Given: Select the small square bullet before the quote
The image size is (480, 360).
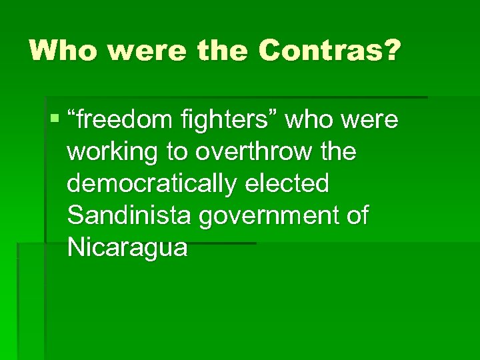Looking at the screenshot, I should click(54, 121).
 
